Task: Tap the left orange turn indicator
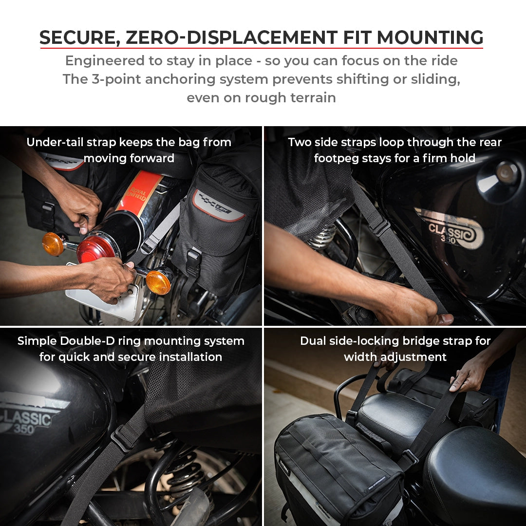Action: [x=53, y=244]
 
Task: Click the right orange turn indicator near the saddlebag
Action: [x=159, y=282]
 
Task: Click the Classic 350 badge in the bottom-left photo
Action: [x=32, y=419]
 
